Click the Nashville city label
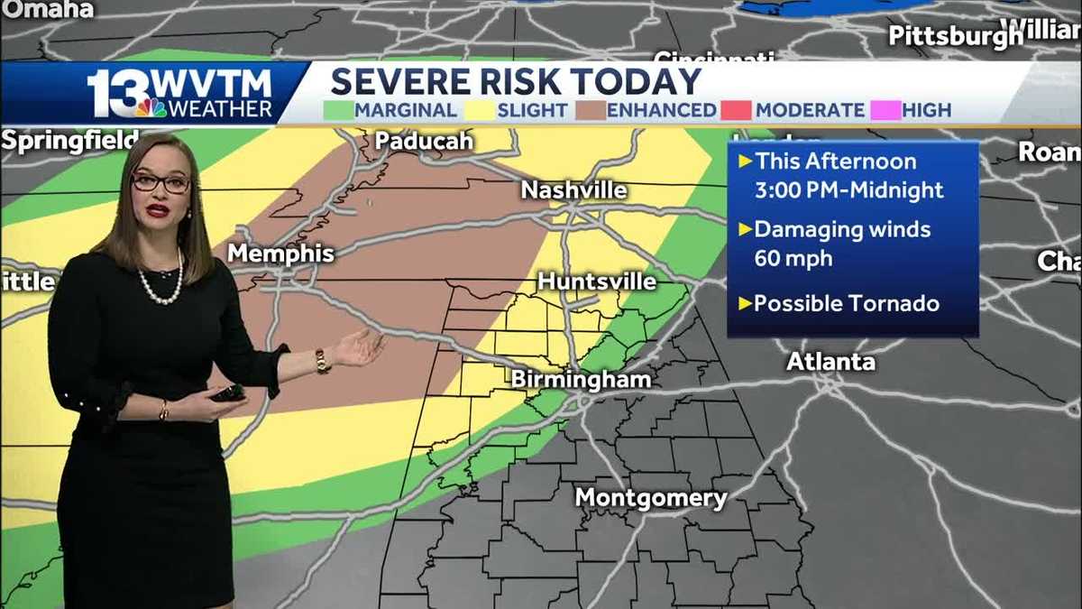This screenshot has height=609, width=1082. (573, 190)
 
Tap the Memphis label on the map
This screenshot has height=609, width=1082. (280, 254)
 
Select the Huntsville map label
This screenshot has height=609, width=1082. (597, 281)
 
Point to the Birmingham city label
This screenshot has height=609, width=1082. (581, 380)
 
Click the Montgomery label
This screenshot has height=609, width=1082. (650, 498)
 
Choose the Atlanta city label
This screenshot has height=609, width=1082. (830, 362)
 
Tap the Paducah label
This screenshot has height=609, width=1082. (424, 142)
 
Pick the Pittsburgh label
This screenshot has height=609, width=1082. (956, 36)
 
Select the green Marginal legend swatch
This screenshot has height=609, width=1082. (338, 111)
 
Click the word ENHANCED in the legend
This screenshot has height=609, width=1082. (661, 111)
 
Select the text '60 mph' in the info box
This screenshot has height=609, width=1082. (793, 259)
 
